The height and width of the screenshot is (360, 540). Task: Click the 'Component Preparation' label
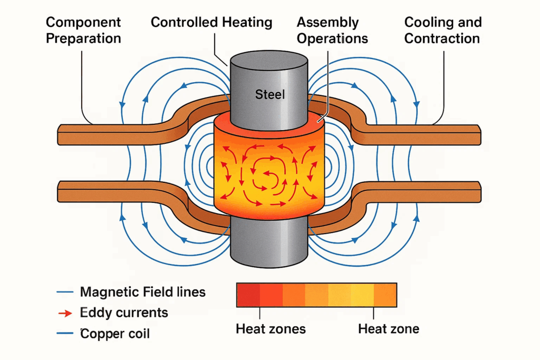pyautogui.click(x=83, y=31)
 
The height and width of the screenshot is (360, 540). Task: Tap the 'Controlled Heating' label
pyautogui.click(x=211, y=23)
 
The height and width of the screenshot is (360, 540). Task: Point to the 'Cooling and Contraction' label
pyautogui.click(x=442, y=31)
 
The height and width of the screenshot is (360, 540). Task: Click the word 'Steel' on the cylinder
pyautogui.click(x=269, y=95)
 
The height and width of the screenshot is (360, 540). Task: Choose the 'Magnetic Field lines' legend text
pyautogui.click(x=142, y=292)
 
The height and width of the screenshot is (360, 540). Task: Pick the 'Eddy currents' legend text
pyautogui.click(x=124, y=313)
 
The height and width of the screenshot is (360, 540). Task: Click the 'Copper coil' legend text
pyautogui.click(x=115, y=334)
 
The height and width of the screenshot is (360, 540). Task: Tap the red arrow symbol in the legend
pyautogui.click(x=64, y=314)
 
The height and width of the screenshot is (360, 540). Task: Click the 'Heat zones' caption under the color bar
pyautogui.click(x=271, y=329)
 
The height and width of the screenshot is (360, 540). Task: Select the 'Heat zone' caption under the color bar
pyautogui.click(x=389, y=329)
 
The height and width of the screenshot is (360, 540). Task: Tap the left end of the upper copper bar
pyautogui.click(x=61, y=135)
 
